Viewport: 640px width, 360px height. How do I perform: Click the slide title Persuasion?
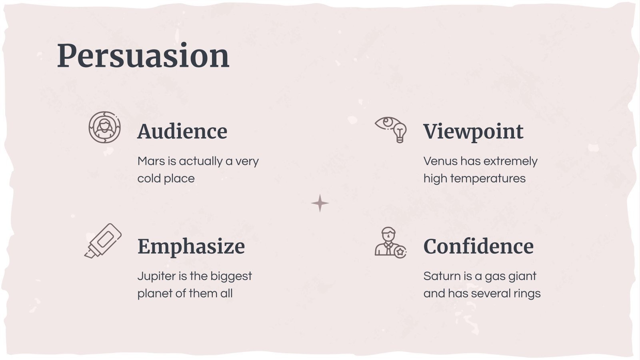(143, 56)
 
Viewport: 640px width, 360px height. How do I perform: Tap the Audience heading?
(182, 132)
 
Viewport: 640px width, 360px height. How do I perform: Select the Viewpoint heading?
(473, 132)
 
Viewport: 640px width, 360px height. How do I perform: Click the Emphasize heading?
(191, 246)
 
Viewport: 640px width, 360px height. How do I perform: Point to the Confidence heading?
(478, 246)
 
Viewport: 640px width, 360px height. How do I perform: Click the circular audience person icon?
(104, 127)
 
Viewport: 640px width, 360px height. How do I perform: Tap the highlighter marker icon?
(103, 240)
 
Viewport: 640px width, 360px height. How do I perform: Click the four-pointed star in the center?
(320, 203)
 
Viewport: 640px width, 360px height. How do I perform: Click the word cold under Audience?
(148, 178)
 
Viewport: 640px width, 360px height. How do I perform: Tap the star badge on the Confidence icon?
(400, 252)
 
